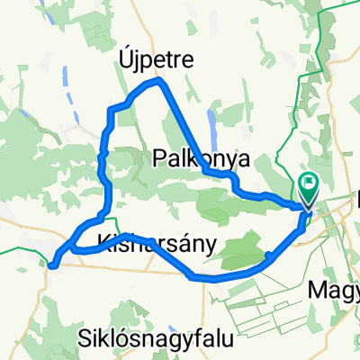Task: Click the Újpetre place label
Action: tap(157, 59)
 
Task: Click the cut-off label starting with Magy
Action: tap(333, 290)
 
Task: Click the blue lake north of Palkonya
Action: tap(211, 119)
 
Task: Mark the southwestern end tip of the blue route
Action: tap(51, 265)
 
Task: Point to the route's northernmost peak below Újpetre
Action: tap(160, 81)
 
